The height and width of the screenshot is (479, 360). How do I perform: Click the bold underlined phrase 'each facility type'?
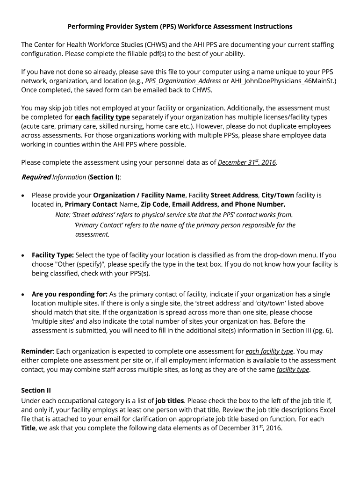point(102,117)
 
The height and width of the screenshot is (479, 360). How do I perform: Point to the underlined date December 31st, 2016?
point(247,162)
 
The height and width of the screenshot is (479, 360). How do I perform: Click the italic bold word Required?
point(36,177)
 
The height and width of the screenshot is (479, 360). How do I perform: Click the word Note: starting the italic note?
point(63,215)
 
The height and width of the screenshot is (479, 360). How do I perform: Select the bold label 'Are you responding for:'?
point(70,294)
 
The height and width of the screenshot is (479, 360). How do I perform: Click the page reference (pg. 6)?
point(321,330)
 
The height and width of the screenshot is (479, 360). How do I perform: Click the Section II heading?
point(36,390)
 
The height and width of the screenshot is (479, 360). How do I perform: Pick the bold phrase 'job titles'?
point(171,401)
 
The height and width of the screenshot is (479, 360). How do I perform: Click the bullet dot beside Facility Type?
point(23,256)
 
